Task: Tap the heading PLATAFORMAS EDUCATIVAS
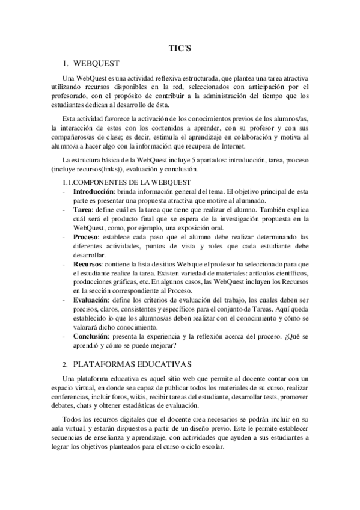tap(132, 364)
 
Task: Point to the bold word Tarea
tap(82, 209)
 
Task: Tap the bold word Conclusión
tap(93, 336)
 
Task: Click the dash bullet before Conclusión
tap(65, 336)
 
